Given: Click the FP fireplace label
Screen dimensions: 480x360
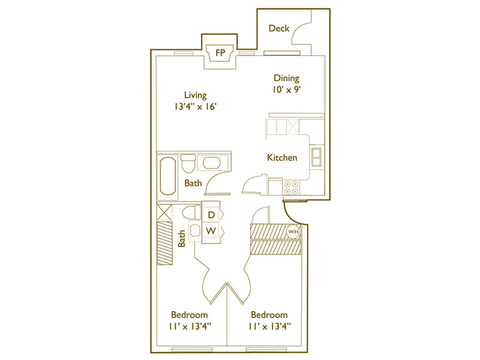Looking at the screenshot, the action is [x=220, y=53].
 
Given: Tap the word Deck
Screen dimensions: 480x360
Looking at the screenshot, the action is [x=279, y=28].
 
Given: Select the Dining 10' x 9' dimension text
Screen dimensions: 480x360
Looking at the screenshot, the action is [x=287, y=89].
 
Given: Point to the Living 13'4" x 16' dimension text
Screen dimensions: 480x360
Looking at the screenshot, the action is [x=196, y=107].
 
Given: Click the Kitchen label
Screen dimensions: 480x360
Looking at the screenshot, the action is [x=282, y=158].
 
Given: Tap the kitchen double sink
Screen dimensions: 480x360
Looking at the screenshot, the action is [x=316, y=157].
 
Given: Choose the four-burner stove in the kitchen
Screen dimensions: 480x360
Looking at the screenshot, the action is [x=291, y=187].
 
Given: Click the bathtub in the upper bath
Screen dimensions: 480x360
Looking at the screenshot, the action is [x=168, y=176].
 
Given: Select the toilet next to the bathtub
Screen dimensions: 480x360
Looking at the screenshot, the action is [x=188, y=163].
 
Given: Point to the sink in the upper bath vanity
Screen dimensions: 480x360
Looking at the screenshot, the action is [x=211, y=163].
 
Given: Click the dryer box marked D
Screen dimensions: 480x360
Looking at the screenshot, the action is [x=211, y=215].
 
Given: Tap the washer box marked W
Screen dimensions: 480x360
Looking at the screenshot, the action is [x=211, y=230].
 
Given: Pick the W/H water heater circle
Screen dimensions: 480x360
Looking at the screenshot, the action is [x=293, y=232].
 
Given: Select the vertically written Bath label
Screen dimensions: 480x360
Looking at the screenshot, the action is [x=182, y=239].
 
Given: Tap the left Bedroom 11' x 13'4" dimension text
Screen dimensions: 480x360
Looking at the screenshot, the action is [x=190, y=326].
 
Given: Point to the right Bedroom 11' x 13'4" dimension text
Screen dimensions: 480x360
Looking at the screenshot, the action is [x=269, y=326].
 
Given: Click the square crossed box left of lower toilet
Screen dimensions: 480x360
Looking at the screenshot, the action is [x=164, y=212].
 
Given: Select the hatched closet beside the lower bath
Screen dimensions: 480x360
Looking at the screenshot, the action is [x=164, y=243].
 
